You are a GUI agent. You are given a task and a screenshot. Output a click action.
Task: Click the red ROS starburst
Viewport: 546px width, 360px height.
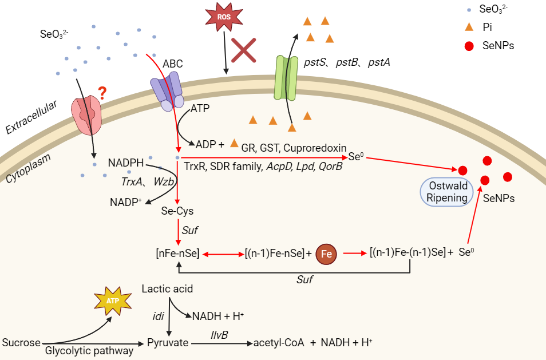[224, 18]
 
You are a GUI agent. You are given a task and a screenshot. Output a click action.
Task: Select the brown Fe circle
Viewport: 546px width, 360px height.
[326, 253]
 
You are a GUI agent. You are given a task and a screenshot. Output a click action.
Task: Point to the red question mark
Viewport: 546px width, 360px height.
[102, 92]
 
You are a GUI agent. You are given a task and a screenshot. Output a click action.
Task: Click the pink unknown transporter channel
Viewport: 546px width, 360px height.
[87, 114]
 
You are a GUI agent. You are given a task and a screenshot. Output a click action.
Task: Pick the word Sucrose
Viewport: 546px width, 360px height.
[21, 343]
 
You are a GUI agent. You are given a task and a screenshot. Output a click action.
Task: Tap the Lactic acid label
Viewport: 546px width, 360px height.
[167, 289]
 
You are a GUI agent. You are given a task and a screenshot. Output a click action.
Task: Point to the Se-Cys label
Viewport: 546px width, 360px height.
[178, 211]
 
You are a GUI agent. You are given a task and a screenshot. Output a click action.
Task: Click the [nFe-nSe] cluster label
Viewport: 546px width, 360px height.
[177, 253]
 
